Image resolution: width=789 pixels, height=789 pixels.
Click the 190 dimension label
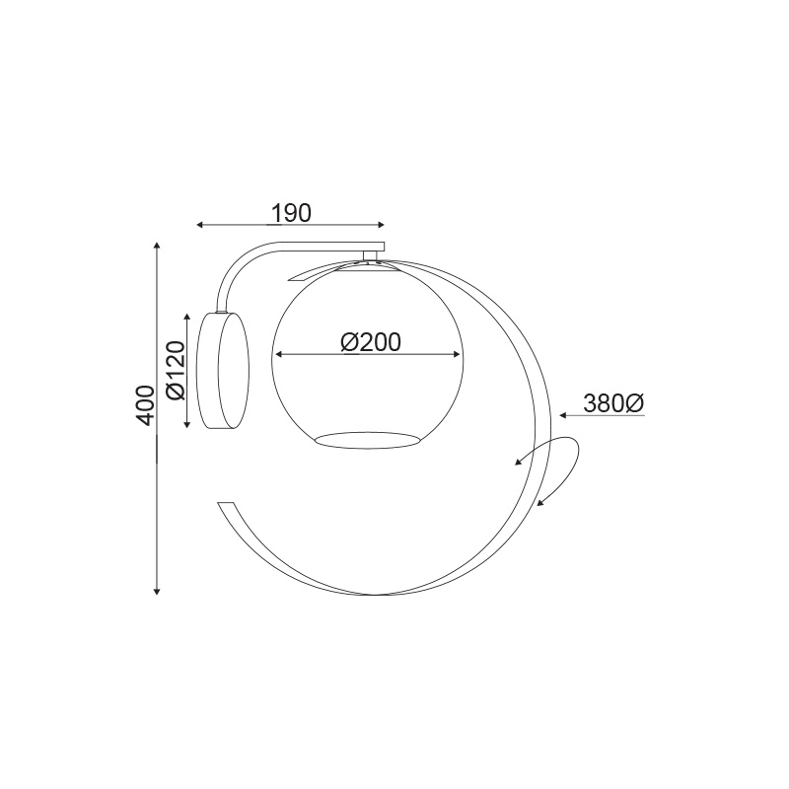[292, 212]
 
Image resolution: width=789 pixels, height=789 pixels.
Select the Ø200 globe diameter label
[370, 342]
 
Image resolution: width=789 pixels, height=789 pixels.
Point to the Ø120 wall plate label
[176, 370]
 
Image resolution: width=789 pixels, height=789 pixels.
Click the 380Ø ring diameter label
[613, 402]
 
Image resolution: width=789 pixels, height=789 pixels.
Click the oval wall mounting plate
[223, 369]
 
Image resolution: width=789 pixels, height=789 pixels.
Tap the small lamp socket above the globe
[371, 256]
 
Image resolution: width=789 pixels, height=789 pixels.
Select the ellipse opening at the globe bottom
[367, 439]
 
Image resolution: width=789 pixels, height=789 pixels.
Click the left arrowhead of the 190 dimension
[200, 226]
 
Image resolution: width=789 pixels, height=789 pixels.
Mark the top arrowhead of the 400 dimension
[157, 244]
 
